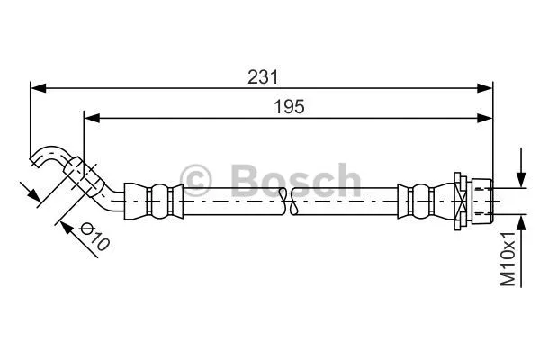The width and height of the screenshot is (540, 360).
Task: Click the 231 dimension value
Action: click(262, 77)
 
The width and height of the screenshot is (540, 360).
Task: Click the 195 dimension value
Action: click(290, 106)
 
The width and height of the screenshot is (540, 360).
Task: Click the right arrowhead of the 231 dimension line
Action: click(486, 87)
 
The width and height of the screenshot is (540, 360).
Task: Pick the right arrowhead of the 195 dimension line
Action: click(486, 116)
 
